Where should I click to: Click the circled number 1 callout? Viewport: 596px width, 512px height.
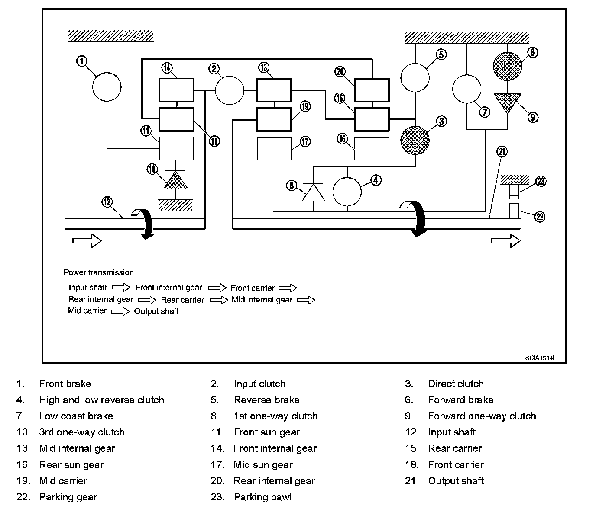81,61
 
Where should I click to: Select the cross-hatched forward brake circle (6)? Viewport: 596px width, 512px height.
507,66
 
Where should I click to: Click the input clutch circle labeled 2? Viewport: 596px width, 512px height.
230,90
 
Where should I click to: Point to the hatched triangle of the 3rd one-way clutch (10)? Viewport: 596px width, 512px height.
176,180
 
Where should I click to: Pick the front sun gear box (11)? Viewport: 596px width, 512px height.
176,148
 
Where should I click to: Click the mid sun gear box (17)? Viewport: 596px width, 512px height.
274,149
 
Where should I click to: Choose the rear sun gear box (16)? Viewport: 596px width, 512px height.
372,148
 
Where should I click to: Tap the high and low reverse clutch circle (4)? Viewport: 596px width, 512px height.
347,191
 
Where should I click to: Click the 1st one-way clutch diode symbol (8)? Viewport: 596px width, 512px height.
314,192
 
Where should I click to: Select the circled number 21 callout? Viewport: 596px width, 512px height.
502,152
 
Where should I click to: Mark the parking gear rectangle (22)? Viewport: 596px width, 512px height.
514,211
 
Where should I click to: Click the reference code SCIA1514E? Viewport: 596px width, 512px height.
541,358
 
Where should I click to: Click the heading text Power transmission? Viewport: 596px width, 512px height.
99,272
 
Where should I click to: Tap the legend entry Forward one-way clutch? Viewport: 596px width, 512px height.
482,416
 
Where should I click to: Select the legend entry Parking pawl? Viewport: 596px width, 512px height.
262,497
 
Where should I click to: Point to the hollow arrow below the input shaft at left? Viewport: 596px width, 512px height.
87,240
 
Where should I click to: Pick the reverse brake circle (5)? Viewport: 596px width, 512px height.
415,78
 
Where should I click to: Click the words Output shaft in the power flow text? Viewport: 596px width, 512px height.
156,311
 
